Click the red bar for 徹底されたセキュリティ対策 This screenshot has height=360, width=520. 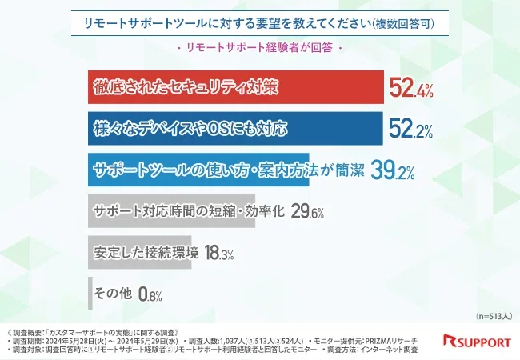[232, 88]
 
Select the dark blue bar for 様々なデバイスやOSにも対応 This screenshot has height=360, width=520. [232, 128]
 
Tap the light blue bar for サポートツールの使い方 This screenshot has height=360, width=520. [224, 170]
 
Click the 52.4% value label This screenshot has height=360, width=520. [411, 88]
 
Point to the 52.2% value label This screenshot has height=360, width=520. [411, 128]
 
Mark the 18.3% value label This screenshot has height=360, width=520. [219, 253]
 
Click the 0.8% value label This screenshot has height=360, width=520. [150, 294]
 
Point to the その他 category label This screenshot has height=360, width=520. [113, 294]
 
